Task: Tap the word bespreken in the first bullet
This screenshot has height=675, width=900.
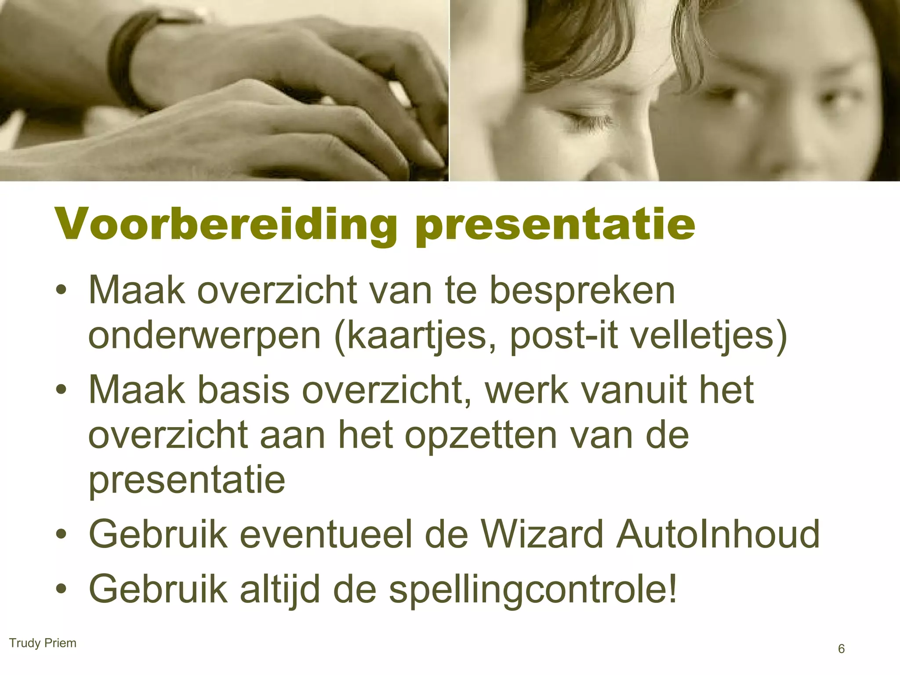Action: point(582,291)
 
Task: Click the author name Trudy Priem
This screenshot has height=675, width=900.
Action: point(43,643)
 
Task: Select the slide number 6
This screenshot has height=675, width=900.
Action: point(841,649)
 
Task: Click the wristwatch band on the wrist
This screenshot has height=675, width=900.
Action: point(125,66)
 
